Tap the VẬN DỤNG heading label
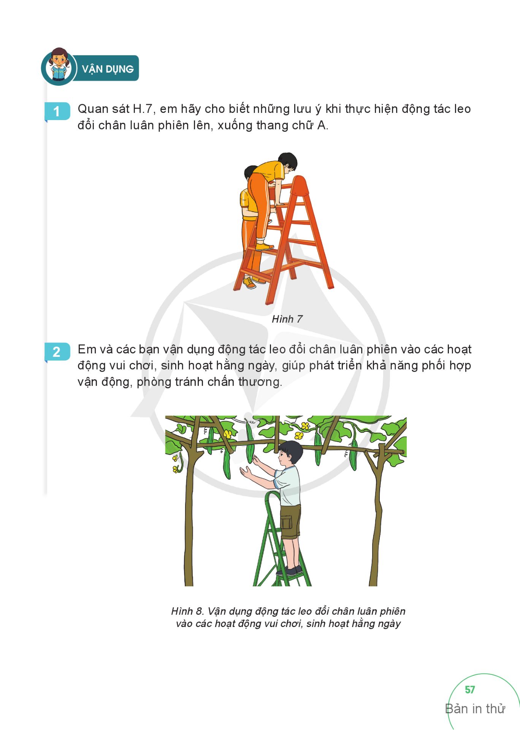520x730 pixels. (108, 69)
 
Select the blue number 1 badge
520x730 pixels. (57, 111)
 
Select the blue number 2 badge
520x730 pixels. (57, 352)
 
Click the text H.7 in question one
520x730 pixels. (143, 109)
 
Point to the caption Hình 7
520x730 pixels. (287, 319)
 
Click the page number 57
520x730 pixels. (470, 690)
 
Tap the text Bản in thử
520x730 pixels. (475, 709)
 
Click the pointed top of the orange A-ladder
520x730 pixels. (300, 181)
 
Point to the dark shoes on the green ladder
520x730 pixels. (290, 570)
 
